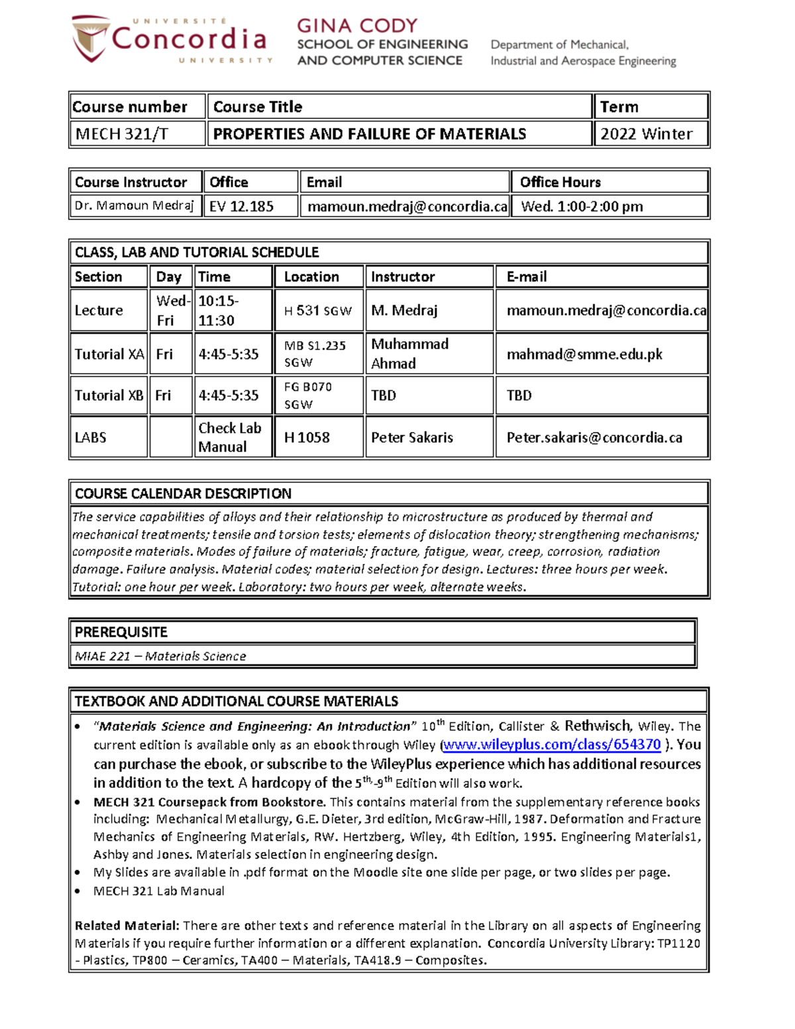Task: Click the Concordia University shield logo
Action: (90, 38)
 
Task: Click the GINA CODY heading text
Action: (357, 26)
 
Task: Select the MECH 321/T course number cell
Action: (137, 134)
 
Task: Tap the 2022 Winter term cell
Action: (651, 134)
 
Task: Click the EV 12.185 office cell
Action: (250, 206)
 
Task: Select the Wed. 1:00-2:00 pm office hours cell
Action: (609, 206)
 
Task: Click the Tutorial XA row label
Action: (109, 354)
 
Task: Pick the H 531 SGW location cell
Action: (318, 311)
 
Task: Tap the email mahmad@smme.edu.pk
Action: (584, 354)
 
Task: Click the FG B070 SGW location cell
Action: (318, 396)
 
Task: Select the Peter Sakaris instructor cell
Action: (412, 437)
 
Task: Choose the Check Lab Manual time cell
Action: (231, 437)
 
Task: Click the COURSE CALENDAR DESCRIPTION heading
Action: (183, 494)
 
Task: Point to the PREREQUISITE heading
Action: (121, 632)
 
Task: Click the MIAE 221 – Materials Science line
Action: (160, 656)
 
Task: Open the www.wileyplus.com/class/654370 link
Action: (552, 745)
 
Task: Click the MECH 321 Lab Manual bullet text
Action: (159, 891)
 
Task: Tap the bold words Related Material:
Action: (127, 926)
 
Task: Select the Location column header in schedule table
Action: (311, 277)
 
